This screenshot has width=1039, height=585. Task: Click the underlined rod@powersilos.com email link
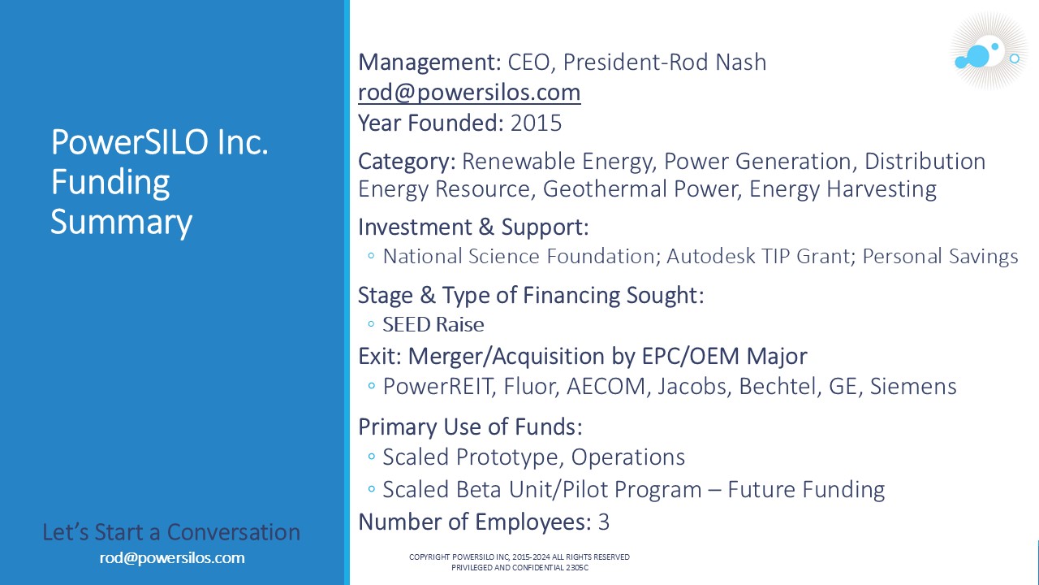coord(469,92)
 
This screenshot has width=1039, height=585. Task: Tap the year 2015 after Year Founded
coord(536,123)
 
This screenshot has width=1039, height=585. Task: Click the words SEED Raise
coord(433,324)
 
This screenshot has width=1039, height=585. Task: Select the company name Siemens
coord(913,386)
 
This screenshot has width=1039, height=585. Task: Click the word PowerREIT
coord(437,386)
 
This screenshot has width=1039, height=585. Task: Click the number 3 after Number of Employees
coord(603,522)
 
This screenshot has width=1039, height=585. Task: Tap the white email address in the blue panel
coord(172,557)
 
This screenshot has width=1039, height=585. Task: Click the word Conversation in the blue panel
coord(233,532)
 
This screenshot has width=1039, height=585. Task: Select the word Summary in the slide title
coord(121,223)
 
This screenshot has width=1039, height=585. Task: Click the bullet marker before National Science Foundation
coord(371,255)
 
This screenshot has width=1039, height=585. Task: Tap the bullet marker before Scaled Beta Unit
coord(371,488)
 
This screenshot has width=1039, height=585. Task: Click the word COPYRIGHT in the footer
coord(429,557)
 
